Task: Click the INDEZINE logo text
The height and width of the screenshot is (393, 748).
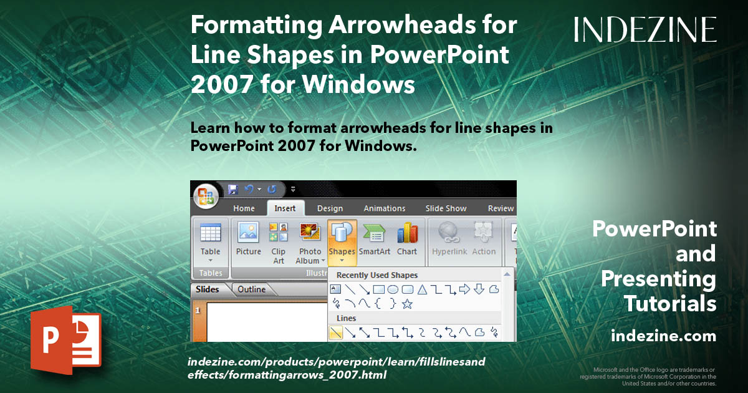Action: point(645,29)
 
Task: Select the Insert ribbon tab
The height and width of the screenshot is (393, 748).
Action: point(285,208)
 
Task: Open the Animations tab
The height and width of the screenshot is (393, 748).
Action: point(384,208)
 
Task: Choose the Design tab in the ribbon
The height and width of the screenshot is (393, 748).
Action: point(330,208)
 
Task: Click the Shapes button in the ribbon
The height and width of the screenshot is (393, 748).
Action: point(342,241)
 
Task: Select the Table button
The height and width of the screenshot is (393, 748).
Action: point(210,241)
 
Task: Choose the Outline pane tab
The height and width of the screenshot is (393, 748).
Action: point(251,289)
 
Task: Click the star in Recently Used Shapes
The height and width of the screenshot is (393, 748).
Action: point(407,304)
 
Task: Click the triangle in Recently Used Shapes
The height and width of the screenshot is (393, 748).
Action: point(422,289)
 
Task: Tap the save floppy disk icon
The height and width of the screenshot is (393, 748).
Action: point(233,189)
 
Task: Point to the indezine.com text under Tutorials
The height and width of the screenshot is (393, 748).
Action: point(664,336)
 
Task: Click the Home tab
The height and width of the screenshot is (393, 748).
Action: point(244,208)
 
